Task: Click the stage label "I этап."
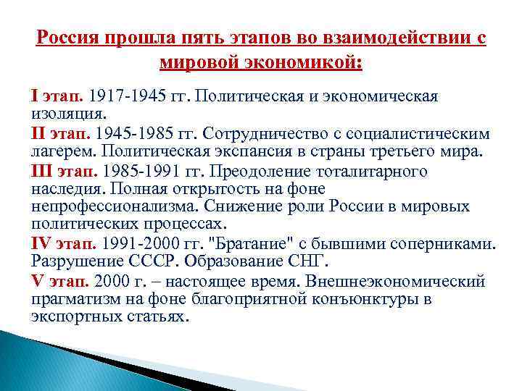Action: [x=58, y=96]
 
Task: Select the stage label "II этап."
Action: [x=62, y=134]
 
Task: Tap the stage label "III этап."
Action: [x=65, y=172]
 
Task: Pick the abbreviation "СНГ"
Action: [x=302, y=261]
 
